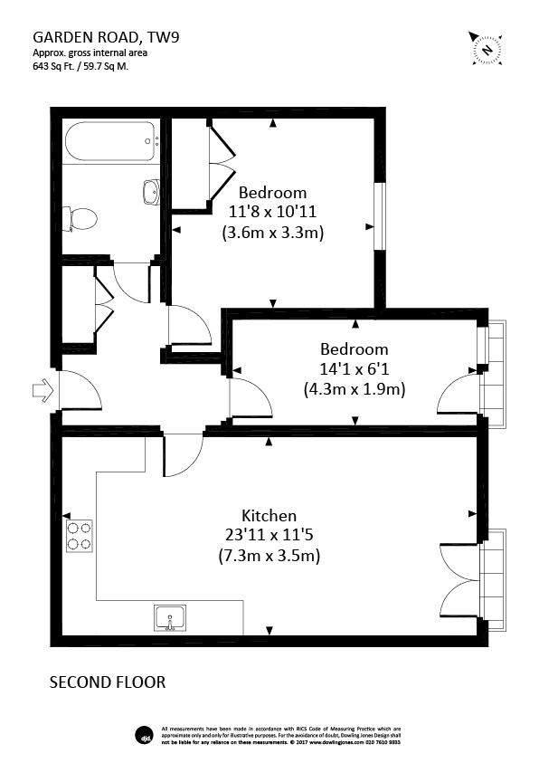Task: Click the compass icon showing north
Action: coord(487,47)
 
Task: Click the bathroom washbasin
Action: coord(151,191)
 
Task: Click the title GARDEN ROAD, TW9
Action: coord(99,37)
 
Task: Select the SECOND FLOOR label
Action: coord(107,682)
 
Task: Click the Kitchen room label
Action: coord(269,516)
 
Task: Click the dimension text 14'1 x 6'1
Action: coord(354,369)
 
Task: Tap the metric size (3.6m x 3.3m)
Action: coord(272,233)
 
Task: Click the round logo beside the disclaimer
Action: coord(142,732)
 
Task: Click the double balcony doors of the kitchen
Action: coord(459,579)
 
